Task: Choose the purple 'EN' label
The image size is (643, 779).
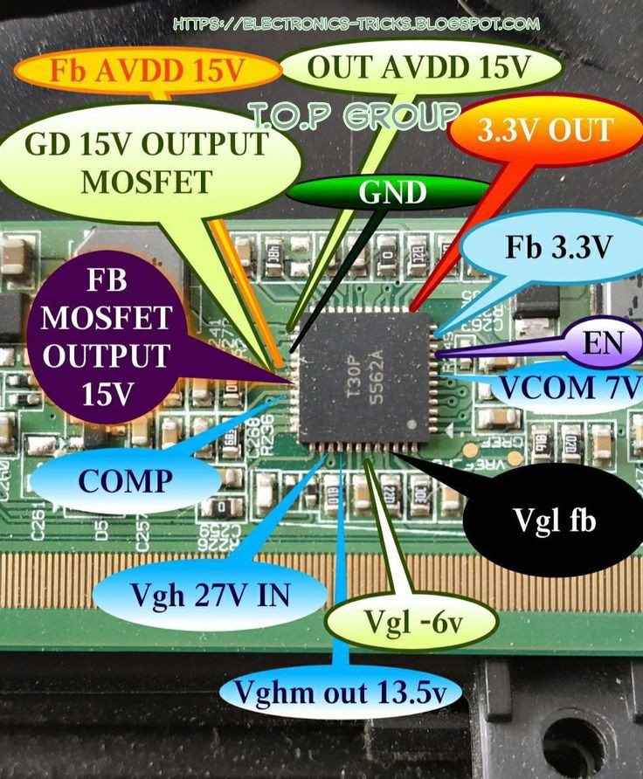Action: pyautogui.click(x=602, y=343)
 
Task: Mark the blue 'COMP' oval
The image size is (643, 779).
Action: pyautogui.click(x=121, y=480)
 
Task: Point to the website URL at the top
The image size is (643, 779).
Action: pyautogui.click(x=356, y=24)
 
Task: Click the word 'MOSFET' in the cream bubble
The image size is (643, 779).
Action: pyautogui.click(x=147, y=182)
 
